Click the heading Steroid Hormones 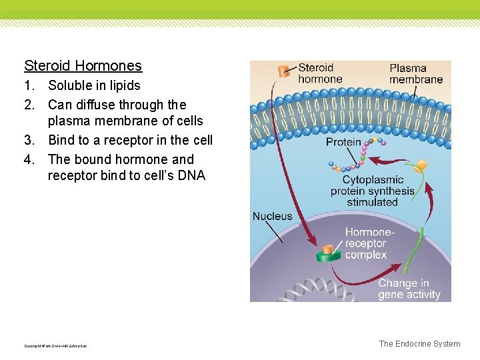[83, 65]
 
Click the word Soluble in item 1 [71, 85]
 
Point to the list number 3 [28, 140]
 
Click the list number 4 [28, 159]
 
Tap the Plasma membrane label [415, 73]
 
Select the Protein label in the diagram [343, 142]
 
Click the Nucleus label [272, 216]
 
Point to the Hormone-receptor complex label [369, 243]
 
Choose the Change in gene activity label [409, 289]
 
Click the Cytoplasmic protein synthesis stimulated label [372, 191]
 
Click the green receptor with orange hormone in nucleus [327, 253]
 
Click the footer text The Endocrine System [419, 344]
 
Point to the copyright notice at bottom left [55, 345]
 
